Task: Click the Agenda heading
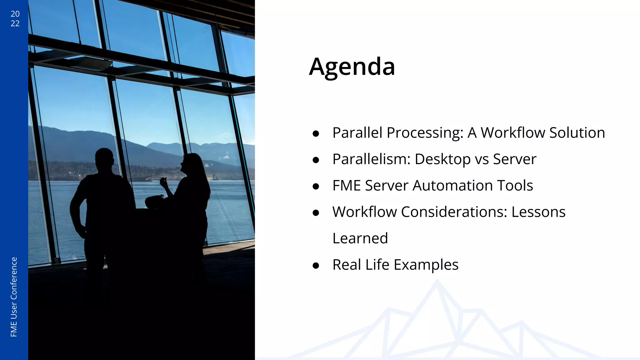point(352,67)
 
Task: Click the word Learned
point(360,238)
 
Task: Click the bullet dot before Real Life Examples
point(316,266)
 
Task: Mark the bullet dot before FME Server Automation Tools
point(316,187)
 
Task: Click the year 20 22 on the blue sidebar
point(15,18)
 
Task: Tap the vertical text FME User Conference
point(14,297)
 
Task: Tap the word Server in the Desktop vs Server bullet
point(514,159)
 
